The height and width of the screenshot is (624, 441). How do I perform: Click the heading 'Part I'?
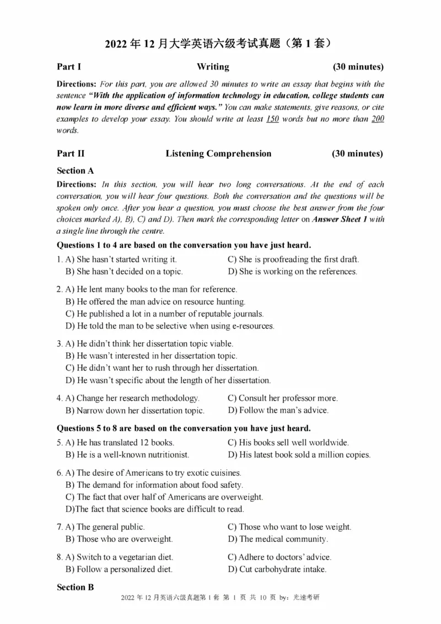69,67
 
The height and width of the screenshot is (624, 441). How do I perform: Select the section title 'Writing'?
213,67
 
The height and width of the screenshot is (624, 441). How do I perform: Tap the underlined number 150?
272,119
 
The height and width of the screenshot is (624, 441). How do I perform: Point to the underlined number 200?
378,119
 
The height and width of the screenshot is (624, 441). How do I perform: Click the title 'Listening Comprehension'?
218,154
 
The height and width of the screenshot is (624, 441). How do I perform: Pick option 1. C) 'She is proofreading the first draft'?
293,259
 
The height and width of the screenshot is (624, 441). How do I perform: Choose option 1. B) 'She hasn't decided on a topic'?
124,271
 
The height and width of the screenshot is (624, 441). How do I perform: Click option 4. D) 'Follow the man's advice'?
278,410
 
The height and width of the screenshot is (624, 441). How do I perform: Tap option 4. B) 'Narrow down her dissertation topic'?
135,411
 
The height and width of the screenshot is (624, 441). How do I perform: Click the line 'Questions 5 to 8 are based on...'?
184,428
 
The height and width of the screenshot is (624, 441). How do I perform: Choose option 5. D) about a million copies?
299,455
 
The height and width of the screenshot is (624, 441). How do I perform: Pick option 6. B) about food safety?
154,485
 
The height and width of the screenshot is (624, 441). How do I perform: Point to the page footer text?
219,613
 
